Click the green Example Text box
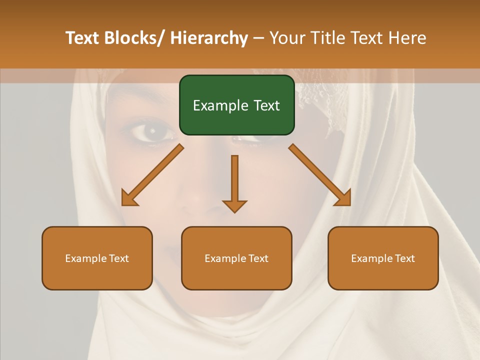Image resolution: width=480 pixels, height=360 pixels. pos(236,105)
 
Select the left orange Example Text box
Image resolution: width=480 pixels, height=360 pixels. pos(97,258)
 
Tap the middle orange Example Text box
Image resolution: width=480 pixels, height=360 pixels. pos(236,258)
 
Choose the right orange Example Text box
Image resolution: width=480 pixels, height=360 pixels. pos(383,258)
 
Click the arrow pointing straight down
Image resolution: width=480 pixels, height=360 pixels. pos(234,182)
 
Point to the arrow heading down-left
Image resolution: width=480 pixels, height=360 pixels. pos(153,175)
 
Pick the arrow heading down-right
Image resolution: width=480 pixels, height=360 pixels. pos(320,175)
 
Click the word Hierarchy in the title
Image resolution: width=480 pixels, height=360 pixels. pos(209,38)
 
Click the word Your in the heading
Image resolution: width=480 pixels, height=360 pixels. pos(288,38)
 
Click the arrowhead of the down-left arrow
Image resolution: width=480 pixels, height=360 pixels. pos(129,198)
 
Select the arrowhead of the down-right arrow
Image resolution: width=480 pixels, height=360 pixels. pos(343,198)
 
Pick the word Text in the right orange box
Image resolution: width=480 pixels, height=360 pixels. pos(404,258)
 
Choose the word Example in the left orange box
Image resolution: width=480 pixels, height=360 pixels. pos(85,258)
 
